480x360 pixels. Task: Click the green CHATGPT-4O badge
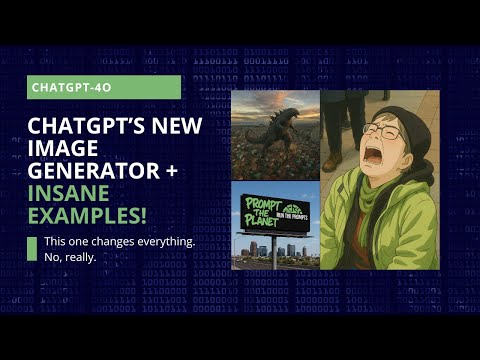pos(105,87)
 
